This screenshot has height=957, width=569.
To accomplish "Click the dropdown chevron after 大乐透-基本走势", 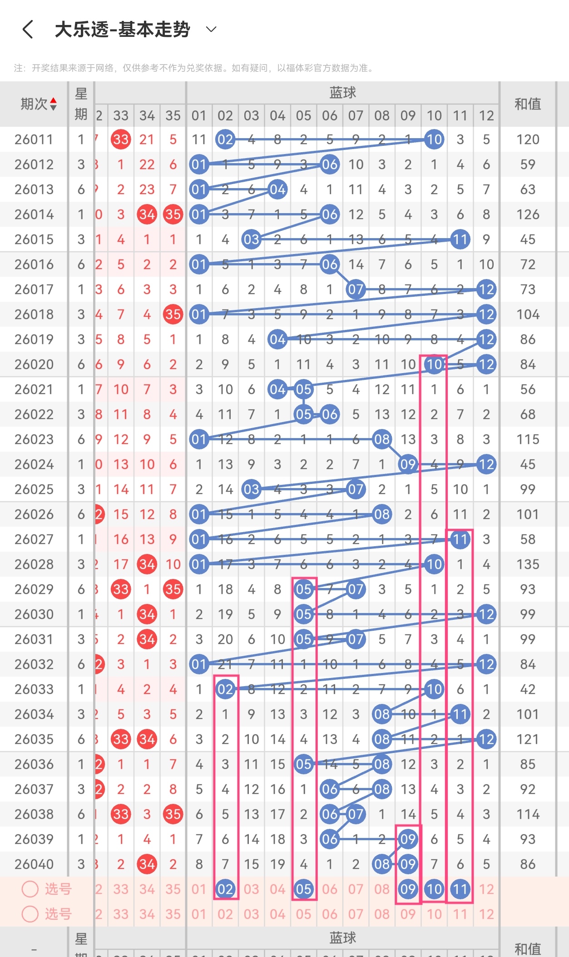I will point(211,30).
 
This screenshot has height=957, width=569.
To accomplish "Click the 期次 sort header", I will point(39,104).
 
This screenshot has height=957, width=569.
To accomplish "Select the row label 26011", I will point(34,140).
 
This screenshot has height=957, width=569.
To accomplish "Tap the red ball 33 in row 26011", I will point(121,140).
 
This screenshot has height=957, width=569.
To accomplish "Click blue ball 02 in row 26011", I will point(225,140).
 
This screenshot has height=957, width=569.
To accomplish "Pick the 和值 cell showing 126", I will point(528,214).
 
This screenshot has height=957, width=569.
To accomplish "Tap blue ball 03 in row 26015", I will point(251,239).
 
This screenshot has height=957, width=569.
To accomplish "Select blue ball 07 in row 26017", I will point(356,289).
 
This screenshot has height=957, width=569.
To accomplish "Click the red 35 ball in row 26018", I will point(173,314).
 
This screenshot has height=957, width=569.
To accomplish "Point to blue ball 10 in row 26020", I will point(434,364).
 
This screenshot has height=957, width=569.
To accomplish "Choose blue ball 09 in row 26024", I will point(408,464).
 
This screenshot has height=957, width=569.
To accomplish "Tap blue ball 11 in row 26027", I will point(460,539).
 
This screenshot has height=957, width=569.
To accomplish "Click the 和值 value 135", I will point(528,564).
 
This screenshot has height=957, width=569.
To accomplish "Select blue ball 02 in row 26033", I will point(225,689).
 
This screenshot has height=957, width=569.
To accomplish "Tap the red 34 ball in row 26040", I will point(147,864).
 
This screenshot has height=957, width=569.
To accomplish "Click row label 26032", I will point(34,664).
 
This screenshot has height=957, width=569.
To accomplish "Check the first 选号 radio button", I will point(30,889).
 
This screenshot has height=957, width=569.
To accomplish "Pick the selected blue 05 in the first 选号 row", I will point(303,889).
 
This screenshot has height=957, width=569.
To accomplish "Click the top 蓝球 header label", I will point(342,93).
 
